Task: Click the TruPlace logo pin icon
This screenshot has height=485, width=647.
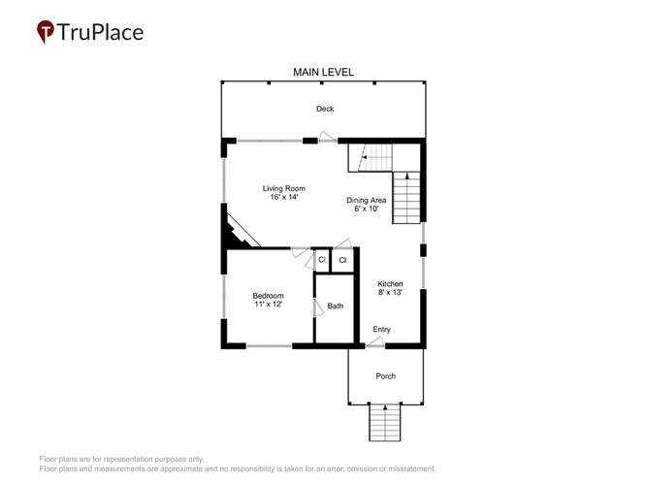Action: (x=45, y=32)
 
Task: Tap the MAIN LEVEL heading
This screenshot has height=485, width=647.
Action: (x=323, y=72)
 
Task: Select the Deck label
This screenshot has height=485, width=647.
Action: (x=325, y=109)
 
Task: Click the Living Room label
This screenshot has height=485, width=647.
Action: (x=284, y=188)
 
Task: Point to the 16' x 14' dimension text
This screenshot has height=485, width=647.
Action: (x=284, y=197)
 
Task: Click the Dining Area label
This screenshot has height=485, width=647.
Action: (x=366, y=200)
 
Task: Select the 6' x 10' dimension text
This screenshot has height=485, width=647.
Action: (x=366, y=209)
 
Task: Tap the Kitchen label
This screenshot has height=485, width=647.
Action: (x=390, y=283)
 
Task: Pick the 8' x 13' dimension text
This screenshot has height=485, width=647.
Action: (x=390, y=292)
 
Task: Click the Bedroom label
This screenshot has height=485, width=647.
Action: (x=268, y=296)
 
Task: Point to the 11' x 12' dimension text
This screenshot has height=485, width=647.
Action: (x=268, y=305)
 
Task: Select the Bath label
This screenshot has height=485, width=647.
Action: (x=335, y=306)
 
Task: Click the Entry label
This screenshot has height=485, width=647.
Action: (x=381, y=330)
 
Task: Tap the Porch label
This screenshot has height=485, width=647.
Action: (x=385, y=376)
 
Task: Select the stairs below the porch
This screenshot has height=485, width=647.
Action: (x=384, y=423)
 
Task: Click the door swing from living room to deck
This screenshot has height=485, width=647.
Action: (x=328, y=137)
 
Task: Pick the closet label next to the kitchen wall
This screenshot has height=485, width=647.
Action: (x=342, y=260)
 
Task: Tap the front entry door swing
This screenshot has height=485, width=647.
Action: (x=375, y=341)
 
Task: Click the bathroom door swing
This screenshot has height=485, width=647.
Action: (x=318, y=307)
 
